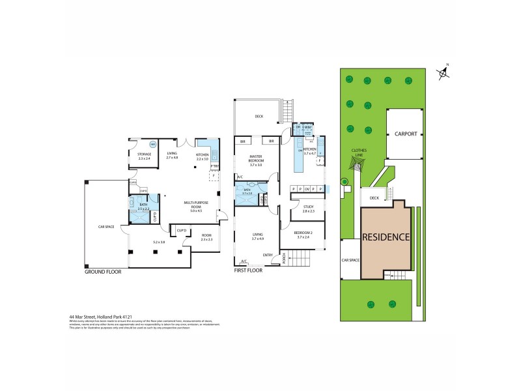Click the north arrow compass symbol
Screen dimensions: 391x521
444,73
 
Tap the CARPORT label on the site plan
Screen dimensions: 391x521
405,134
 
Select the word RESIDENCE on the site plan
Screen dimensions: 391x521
386,237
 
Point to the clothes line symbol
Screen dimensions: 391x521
346,165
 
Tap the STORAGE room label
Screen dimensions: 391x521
145,154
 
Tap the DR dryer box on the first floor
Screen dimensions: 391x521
298,127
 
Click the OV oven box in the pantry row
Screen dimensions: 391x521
307,189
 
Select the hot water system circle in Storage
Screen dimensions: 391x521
154,145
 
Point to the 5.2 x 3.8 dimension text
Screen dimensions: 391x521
158,242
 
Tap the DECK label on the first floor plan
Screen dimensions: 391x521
259,117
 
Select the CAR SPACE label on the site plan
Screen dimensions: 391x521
350,260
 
